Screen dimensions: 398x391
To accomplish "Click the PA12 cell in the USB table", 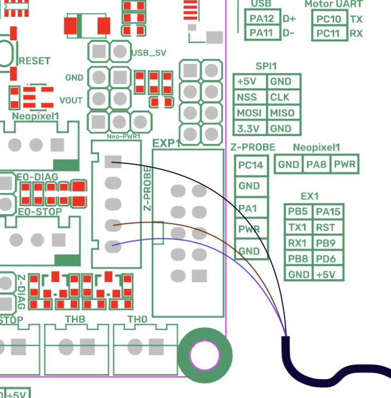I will click(x=262, y=18).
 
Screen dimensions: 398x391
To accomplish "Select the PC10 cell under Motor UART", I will click(x=328, y=19).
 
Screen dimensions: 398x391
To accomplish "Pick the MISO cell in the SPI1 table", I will click(x=282, y=113).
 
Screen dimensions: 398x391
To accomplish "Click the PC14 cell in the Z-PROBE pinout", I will click(x=250, y=165).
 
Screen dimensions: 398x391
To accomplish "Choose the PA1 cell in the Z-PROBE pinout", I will click(x=248, y=208).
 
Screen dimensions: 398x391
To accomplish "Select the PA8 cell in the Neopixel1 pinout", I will click(x=316, y=164).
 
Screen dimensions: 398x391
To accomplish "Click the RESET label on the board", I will click(x=35, y=61).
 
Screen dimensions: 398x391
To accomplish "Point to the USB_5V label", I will click(x=148, y=54).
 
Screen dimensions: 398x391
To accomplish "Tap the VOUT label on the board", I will click(x=71, y=100).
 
